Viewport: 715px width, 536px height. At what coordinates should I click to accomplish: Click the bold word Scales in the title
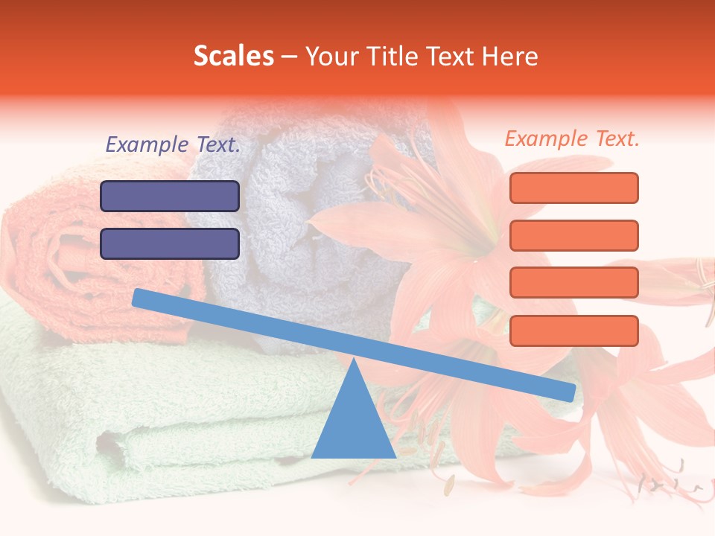[233, 57]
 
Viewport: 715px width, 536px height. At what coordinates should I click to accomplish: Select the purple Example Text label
[173, 145]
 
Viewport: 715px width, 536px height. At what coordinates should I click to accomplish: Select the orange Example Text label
[572, 138]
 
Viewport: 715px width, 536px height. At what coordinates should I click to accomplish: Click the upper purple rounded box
[170, 196]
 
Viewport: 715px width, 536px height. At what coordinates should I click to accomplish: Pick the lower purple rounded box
[170, 243]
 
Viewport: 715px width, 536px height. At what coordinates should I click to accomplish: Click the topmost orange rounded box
[573, 188]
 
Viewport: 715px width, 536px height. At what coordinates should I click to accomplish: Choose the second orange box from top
[573, 235]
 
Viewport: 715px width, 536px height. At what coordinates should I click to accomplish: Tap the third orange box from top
[573, 283]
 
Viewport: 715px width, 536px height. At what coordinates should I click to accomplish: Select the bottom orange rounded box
[573, 331]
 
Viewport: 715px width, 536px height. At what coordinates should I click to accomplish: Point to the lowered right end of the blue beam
[569, 392]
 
